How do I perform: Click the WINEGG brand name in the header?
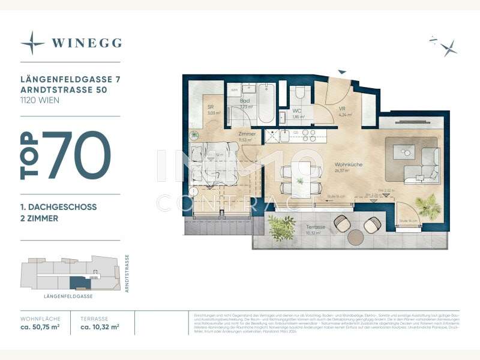[x=87, y=43]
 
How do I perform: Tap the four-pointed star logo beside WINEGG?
[x=32, y=43]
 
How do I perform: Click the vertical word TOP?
[x=30, y=155]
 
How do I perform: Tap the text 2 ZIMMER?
[x=39, y=218]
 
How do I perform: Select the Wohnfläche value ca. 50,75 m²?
[x=41, y=328]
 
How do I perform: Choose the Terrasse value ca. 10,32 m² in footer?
[x=100, y=328]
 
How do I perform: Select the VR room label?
[x=342, y=109]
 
